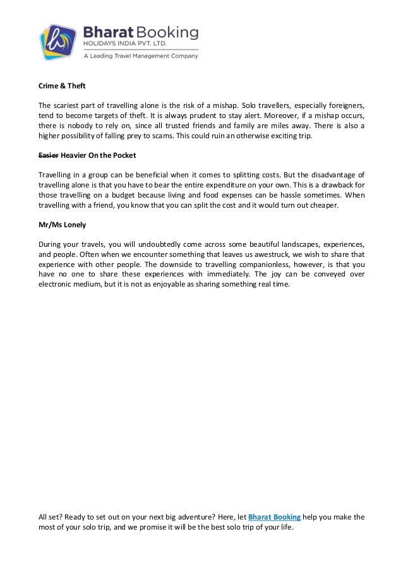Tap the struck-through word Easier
(49, 155)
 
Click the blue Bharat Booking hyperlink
(274, 517)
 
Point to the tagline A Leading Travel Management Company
(141, 56)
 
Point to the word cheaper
(323, 205)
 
